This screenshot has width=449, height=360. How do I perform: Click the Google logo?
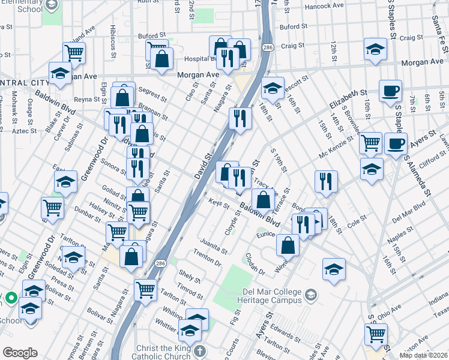point(20,353)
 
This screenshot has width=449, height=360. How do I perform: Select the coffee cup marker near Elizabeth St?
point(391,92)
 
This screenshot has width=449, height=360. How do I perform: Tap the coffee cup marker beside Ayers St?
point(396,145)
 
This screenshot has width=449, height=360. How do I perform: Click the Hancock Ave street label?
point(324,5)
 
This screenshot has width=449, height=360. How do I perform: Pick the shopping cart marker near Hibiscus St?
point(74,53)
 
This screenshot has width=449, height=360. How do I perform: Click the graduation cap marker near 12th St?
point(375,49)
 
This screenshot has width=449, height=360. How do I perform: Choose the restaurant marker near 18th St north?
point(240,118)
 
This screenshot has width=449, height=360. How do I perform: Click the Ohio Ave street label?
point(389,311)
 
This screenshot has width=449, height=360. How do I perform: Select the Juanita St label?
point(215,247)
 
